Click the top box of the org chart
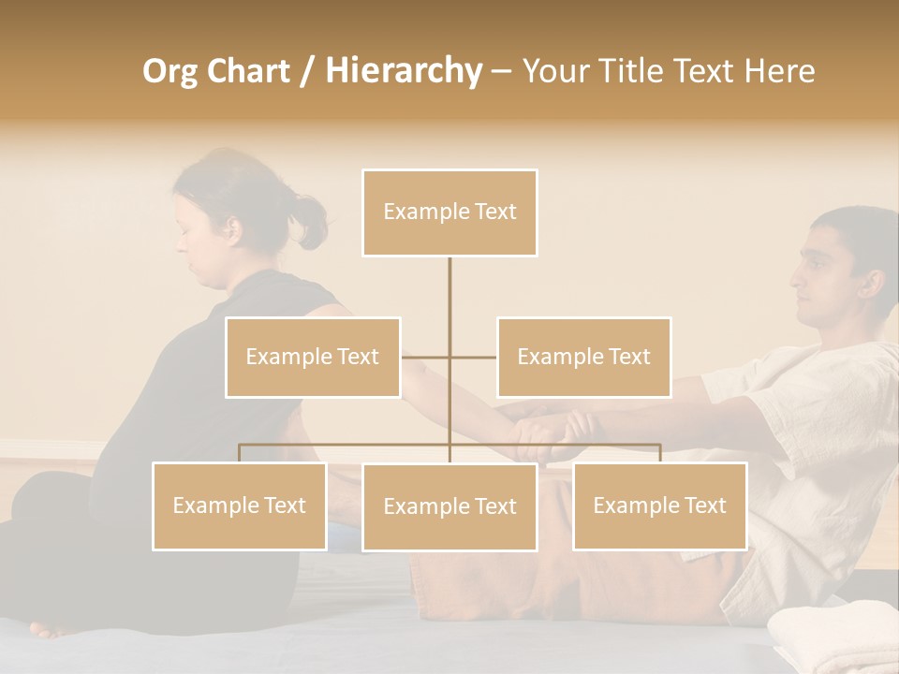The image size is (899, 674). [x=449, y=212]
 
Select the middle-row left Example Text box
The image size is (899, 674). [x=313, y=357]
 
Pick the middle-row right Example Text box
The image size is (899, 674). [x=583, y=357]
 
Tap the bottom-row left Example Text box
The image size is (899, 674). [x=240, y=505]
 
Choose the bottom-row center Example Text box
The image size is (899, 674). [x=449, y=506]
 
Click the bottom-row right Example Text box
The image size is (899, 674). [x=659, y=505]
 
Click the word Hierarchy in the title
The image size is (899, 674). [x=404, y=70]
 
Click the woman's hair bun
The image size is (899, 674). [x=309, y=221]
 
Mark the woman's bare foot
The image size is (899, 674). [x=52, y=628]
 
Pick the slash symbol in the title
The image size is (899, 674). [x=306, y=71]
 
